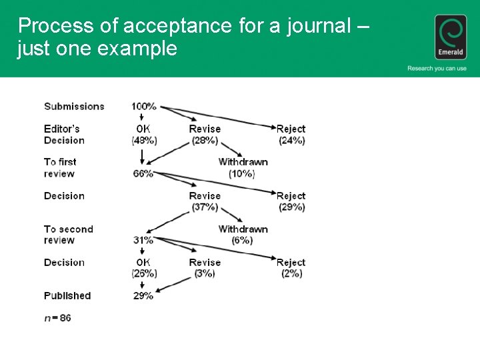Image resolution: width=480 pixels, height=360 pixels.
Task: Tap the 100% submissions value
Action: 144,106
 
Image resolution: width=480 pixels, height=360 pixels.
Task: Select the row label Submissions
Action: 74,106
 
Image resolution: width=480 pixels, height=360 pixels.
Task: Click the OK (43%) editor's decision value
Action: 144,134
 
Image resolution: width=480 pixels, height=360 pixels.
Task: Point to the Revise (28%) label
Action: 205,134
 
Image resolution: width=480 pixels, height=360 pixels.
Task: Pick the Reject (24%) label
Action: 291,134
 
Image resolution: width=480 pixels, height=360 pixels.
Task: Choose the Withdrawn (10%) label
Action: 243,167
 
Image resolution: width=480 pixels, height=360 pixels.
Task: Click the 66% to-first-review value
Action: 143,173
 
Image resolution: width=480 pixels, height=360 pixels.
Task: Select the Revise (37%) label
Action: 205,201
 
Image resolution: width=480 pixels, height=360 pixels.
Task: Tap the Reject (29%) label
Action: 291,201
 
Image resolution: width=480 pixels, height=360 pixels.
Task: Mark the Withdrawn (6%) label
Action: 243,235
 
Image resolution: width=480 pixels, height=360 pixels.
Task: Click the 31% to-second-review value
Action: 143,240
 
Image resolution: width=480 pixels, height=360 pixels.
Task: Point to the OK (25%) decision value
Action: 144,268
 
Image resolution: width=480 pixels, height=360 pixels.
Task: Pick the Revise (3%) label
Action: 205,268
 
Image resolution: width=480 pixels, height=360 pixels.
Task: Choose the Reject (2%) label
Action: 291,268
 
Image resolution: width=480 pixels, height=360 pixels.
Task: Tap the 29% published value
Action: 143,295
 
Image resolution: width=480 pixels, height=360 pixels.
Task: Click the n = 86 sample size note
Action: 58,318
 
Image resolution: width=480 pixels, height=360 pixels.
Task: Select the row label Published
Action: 67,295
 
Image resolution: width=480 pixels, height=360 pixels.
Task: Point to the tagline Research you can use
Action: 437,68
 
